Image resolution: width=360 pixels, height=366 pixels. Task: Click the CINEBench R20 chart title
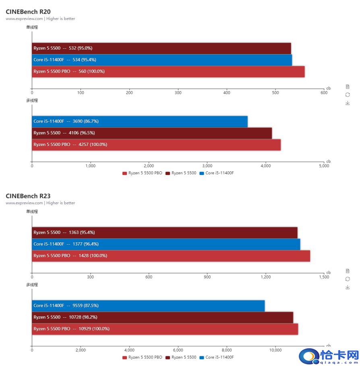point(28,12)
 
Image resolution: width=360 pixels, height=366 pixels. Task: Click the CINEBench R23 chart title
point(28,196)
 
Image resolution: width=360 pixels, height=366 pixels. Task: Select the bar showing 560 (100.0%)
point(168,71)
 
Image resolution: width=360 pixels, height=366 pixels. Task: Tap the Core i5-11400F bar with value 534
point(162,60)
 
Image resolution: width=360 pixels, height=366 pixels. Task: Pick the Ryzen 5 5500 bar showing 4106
point(152,133)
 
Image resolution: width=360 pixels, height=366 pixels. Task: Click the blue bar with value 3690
point(140,121)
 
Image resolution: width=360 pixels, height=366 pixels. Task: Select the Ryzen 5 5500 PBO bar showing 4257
point(156,145)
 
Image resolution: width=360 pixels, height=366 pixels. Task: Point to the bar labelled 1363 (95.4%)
point(165,233)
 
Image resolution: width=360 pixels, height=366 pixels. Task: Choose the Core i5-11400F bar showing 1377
point(166,244)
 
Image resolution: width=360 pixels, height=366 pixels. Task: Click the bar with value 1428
point(171,256)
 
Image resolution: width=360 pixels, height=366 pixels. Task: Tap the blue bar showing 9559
point(148,306)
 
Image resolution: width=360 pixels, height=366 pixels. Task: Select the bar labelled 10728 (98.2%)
point(163,318)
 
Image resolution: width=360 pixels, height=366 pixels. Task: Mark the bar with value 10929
point(165,329)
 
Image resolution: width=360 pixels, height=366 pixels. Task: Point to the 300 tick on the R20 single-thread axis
point(178,93)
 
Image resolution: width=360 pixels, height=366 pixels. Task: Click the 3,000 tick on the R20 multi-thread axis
point(207,166)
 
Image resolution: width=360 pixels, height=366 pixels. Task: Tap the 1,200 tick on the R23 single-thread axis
point(266,277)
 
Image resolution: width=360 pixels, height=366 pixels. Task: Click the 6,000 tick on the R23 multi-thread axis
point(178,350)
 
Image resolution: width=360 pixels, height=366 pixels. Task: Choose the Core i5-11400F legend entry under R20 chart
point(217,173)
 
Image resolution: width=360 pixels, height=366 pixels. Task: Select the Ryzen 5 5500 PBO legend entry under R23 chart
point(142,358)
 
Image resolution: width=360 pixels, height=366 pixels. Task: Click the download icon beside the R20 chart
point(348,103)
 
